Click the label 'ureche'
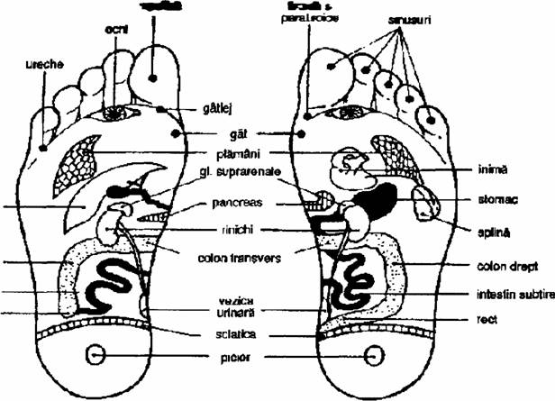pyautogui.click(x=45, y=66)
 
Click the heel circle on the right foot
pyautogui.click(x=372, y=357)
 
